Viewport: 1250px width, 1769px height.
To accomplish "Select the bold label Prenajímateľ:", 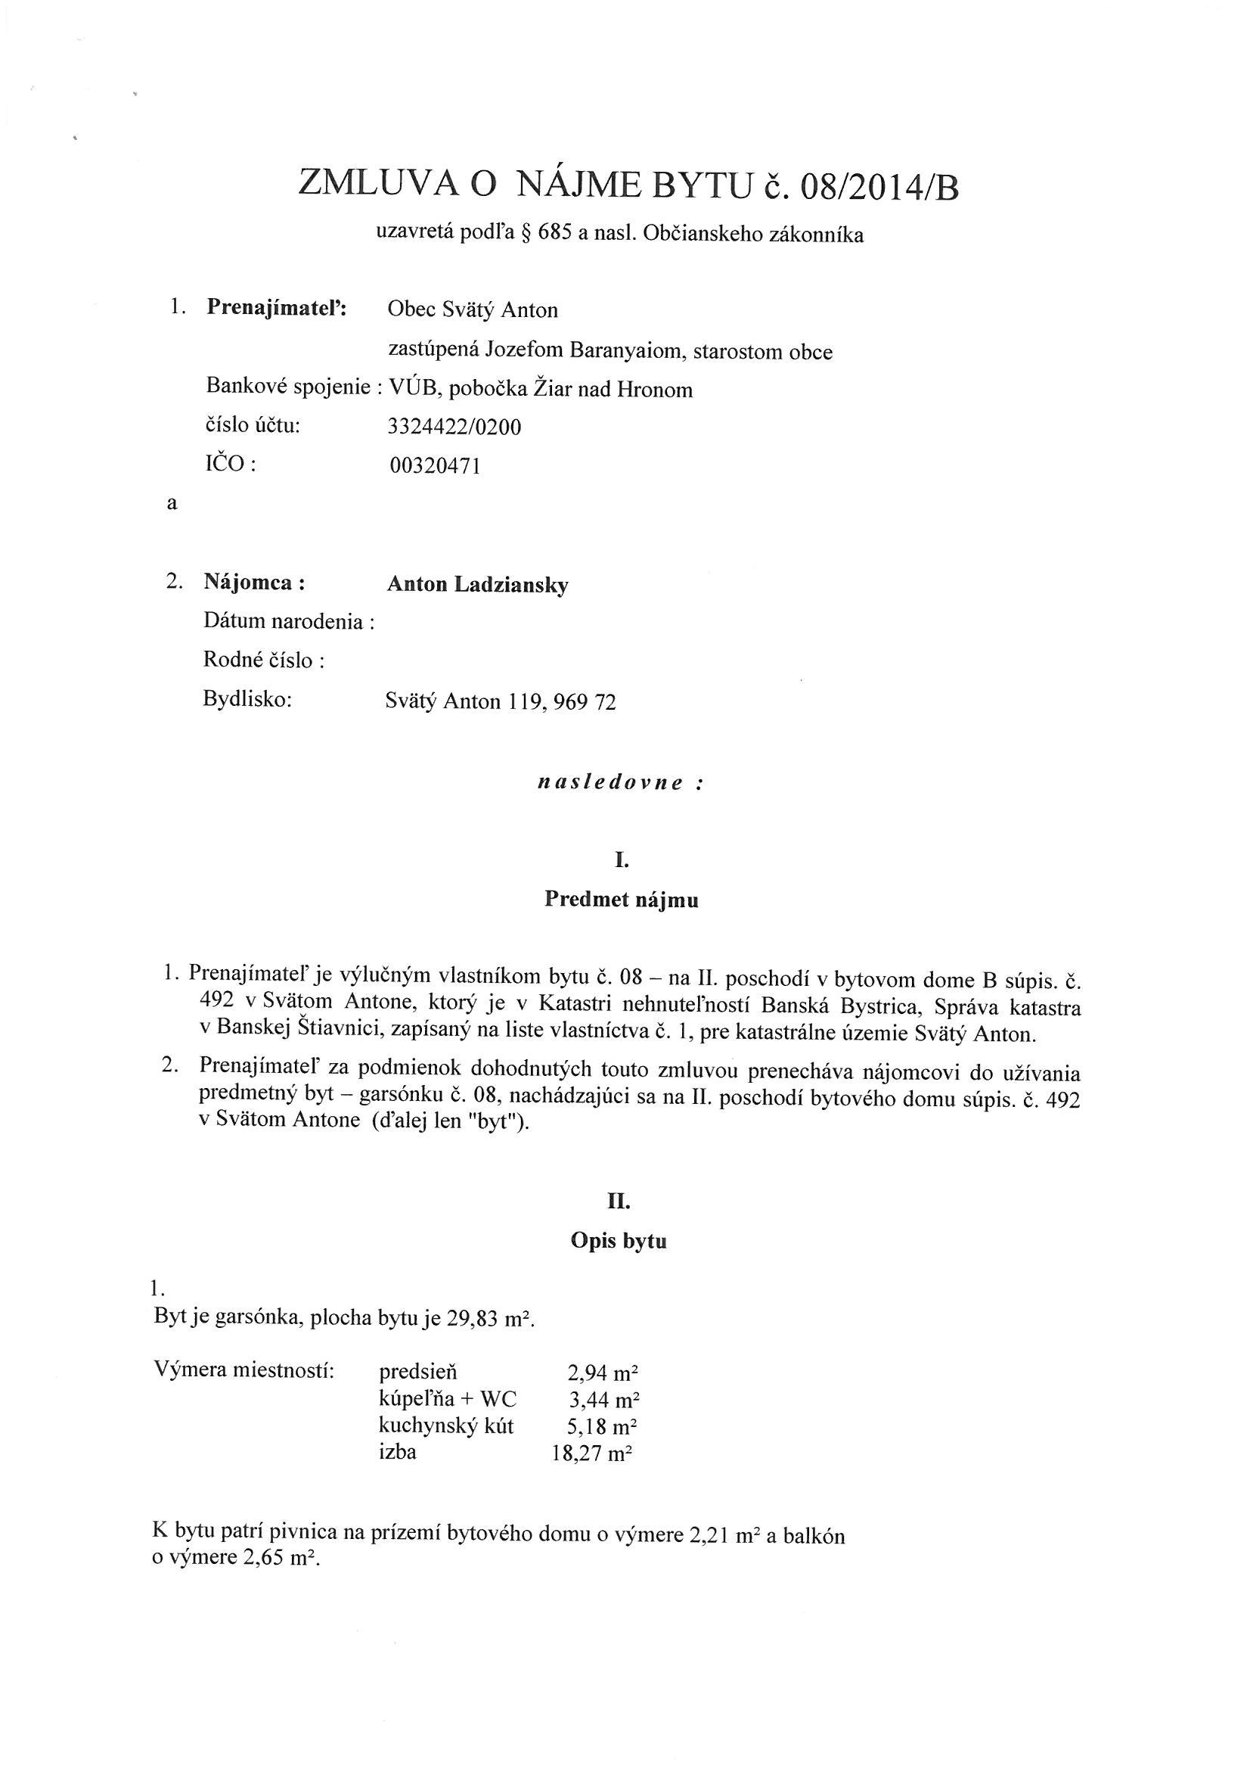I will tap(277, 307).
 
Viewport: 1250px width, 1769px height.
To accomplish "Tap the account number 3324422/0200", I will tap(454, 427).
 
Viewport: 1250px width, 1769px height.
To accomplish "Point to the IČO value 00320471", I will tap(436, 465).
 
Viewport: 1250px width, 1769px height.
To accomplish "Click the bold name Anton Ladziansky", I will tap(476, 585).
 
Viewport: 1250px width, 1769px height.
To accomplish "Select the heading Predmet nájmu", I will tap(621, 900).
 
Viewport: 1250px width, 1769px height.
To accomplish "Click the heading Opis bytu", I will tap(619, 1241).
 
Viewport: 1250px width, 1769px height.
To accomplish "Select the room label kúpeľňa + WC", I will tap(448, 1399).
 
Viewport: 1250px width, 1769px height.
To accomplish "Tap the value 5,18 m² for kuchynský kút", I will tap(602, 1427).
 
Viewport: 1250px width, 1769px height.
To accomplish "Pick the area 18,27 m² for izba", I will tap(592, 1455).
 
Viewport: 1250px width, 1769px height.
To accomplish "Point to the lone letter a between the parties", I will tap(172, 504).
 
